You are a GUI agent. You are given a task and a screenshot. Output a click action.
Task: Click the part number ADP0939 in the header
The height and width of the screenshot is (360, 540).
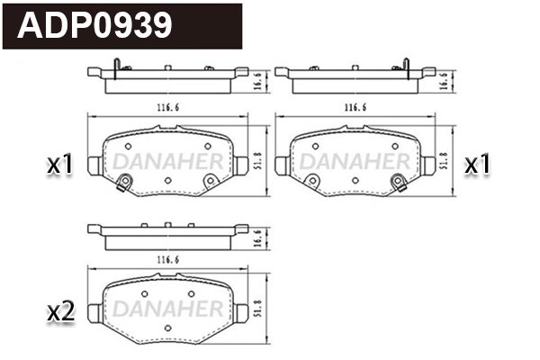point(95,25)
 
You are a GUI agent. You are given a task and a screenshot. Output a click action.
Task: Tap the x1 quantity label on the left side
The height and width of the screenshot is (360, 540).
point(59,165)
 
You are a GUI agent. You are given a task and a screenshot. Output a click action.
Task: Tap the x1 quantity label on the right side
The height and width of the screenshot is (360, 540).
point(477,165)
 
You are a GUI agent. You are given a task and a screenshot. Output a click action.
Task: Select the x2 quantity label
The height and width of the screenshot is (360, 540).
point(59,312)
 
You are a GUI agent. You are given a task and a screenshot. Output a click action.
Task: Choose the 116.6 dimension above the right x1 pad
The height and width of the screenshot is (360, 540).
point(353,107)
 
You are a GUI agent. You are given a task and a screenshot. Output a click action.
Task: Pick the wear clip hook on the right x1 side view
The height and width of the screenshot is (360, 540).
point(407,64)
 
